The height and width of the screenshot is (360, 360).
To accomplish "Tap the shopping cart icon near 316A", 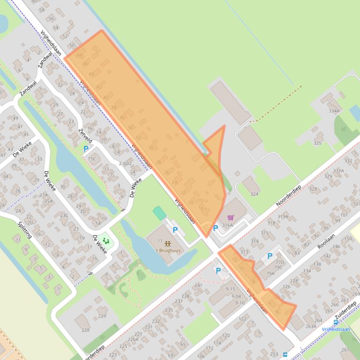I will [x=230, y=217].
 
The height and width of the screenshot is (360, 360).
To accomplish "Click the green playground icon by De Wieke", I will [x=106, y=241].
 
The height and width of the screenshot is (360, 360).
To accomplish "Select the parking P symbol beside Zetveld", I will [x=86, y=149].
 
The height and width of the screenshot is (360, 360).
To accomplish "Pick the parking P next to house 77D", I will [x=270, y=256].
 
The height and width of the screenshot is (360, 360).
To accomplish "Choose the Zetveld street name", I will [x=86, y=136].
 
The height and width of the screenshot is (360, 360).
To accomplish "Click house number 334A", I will [x=334, y=111].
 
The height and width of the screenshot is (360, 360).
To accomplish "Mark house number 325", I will [x=317, y=143].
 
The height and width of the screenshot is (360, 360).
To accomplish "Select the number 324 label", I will [x=254, y=194].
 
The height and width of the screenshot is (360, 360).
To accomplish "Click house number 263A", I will [x=311, y=327].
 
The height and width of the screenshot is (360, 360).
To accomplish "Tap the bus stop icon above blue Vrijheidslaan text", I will [x=336, y=322].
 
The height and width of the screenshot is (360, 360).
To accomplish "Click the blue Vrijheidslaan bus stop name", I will [x=336, y=329].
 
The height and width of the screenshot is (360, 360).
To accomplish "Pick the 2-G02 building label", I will [x=125, y=163].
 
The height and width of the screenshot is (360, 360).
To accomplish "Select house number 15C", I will [x=92, y=159].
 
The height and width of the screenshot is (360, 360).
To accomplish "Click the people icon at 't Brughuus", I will [x=168, y=244].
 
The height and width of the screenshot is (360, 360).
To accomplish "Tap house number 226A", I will [x=133, y=340].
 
